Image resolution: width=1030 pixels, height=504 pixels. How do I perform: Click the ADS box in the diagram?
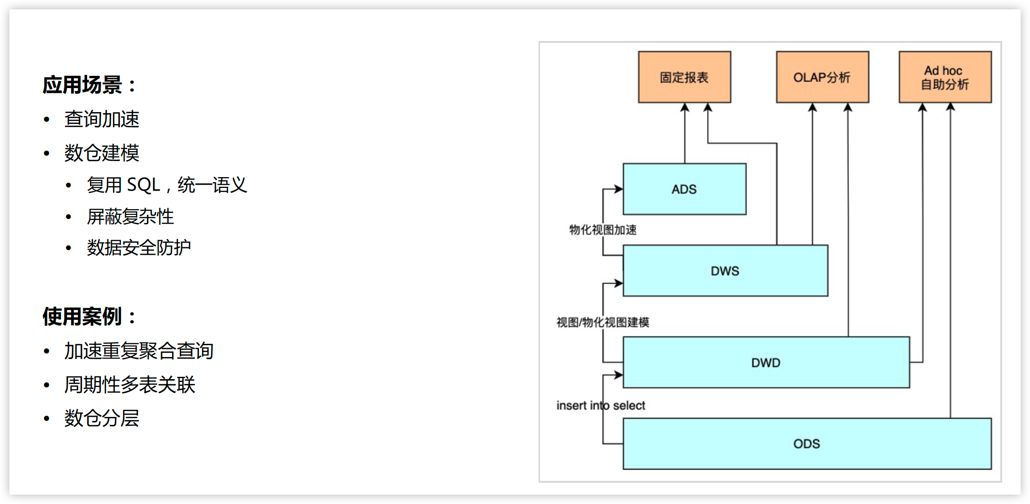[684, 189]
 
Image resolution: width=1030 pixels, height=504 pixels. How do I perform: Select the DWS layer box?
[725, 271]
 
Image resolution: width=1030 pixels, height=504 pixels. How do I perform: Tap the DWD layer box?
[766, 363]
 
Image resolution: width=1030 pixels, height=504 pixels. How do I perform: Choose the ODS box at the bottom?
[807, 444]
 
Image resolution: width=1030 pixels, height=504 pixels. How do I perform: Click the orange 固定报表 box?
[684, 77]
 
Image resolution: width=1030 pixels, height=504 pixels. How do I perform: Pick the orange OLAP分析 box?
[822, 77]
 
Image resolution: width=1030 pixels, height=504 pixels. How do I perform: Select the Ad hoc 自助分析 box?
[945, 77]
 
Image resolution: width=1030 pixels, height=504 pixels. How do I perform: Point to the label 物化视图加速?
[603, 230]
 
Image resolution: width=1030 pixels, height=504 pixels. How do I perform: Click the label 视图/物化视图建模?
[603, 322]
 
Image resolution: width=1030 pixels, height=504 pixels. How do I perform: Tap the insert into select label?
[601, 406]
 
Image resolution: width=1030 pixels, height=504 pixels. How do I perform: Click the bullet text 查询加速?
[102, 119]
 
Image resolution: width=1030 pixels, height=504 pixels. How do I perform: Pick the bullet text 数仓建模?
[102, 153]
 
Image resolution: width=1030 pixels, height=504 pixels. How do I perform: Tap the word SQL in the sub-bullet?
[144, 185]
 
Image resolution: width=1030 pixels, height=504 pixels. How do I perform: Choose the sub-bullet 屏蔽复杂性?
[131, 217]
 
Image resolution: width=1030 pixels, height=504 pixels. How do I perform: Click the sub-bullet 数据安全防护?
[139, 248]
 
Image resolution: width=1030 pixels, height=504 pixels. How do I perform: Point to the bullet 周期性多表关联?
[130, 385]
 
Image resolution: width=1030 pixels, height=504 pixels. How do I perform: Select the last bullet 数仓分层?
[102, 418]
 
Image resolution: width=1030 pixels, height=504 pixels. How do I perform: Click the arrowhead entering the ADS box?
[619, 189]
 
